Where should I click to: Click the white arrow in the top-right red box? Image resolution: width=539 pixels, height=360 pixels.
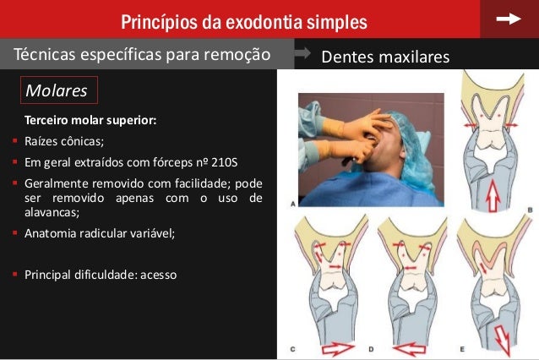[x=509, y=19]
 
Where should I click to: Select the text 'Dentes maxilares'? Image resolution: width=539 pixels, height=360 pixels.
[x=385, y=57]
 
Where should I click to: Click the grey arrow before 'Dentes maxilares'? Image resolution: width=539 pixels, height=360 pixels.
[x=302, y=55]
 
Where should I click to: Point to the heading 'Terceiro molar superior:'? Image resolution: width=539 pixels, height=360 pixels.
[x=90, y=121]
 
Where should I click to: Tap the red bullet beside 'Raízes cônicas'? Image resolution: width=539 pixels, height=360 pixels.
[x=15, y=141]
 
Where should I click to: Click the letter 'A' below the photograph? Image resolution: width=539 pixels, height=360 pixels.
[x=291, y=204]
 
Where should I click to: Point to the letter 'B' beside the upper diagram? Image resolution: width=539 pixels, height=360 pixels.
[x=530, y=207]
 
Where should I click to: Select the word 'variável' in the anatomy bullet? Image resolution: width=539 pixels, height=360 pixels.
[x=151, y=234]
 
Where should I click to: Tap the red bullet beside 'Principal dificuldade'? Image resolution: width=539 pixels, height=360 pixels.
[x=15, y=274]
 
